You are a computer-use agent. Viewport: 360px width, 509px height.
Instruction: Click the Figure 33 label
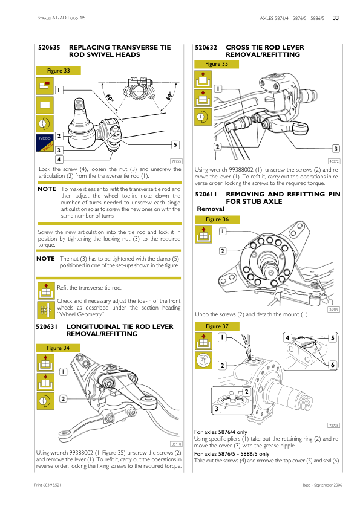point(58,71)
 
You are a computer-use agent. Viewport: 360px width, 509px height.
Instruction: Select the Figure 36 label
point(217,219)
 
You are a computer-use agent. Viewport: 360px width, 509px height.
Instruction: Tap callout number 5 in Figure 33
point(174,145)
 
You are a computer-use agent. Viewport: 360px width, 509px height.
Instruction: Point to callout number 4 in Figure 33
point(59,160)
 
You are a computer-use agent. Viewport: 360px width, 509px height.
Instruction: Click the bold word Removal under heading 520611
point(211,209)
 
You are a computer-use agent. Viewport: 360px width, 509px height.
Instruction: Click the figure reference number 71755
point(176,161)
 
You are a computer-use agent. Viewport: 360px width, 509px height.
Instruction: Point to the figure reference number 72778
point(333,426)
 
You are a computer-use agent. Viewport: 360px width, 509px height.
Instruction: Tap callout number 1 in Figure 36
point(223,232)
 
